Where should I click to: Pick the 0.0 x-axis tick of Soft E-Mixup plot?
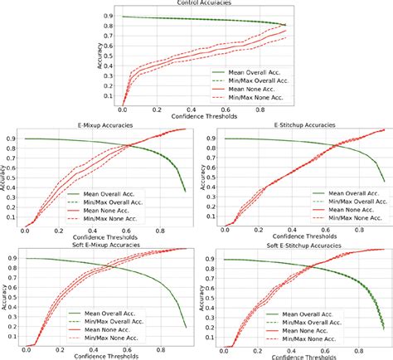[x=25, y=349]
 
